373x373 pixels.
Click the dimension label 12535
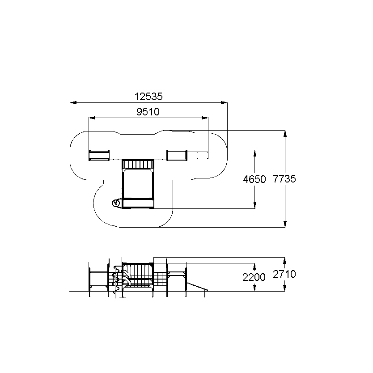[148, 97]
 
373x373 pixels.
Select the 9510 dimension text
[148, 111]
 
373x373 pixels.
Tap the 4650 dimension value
[254, 179]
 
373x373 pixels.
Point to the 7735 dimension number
[284, 178]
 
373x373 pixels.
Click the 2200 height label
[254, 277]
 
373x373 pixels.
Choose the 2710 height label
[284, 274]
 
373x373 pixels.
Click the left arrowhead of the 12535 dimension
[73, 103]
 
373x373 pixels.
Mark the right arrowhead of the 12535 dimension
[224, 103]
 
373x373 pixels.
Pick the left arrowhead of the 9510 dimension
[92, 118]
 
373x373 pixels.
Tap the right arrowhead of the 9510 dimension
[205, 118]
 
